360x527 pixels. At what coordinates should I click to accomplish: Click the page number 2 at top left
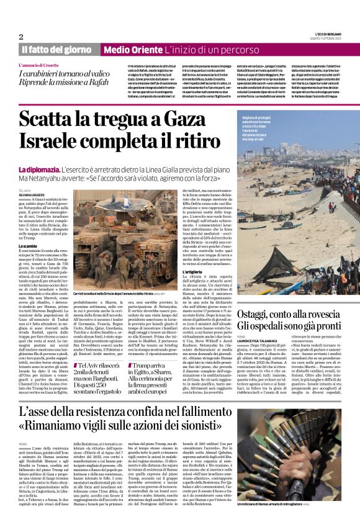click(20, 37)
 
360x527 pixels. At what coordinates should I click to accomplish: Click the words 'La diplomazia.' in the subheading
click(39, 169)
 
